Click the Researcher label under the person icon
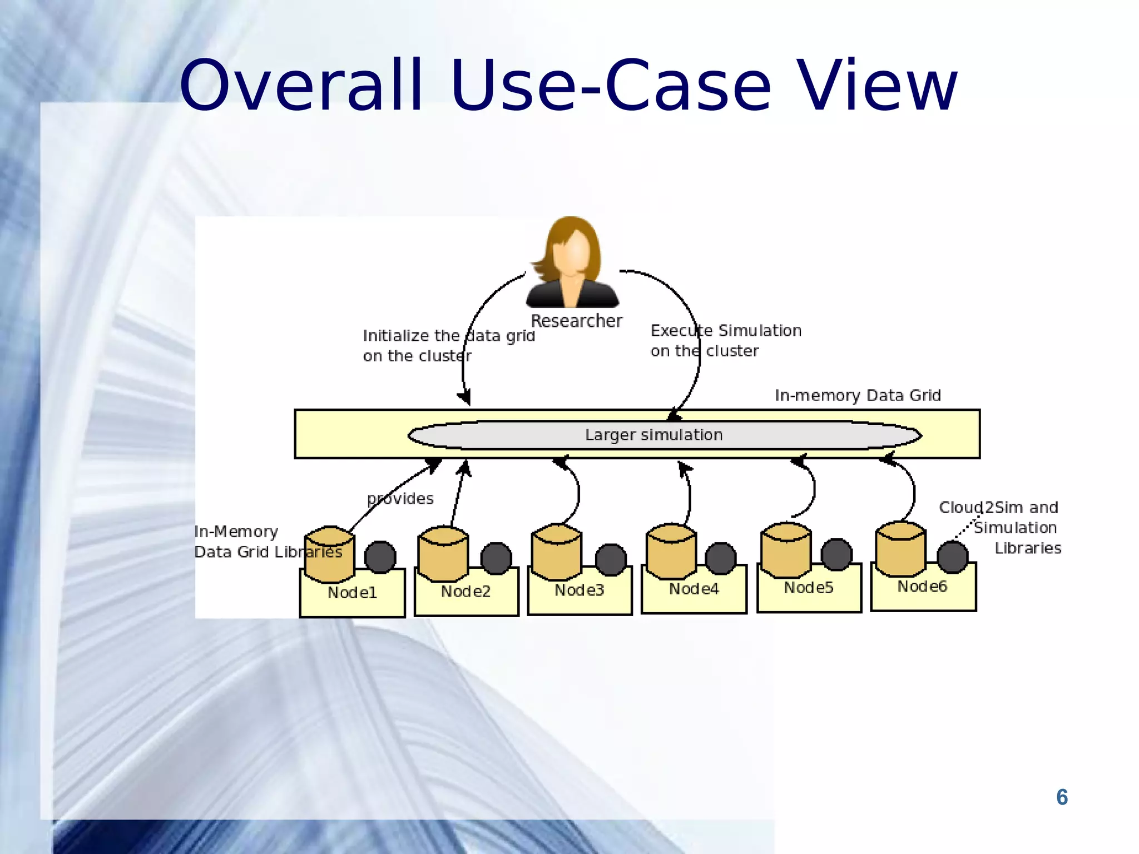(x=576, y=321)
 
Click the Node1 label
(x=352, y=593)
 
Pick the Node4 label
(x=694, y=589)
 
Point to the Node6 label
(x=922, y=586)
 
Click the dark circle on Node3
(x=611, y=559)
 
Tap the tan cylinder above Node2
(x=443, y=554)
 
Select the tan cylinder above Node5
(x=786, y=550)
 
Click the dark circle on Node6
(x=952, y=557)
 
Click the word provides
(x=400, y=499)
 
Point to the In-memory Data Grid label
(x=858, y=395)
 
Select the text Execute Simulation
(x=726, y=331)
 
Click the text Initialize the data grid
(x=448, y=336)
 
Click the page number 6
(x=1062, y=797)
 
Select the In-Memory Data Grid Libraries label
(x=268, y=542)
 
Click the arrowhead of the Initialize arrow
(x=465, y=398)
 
